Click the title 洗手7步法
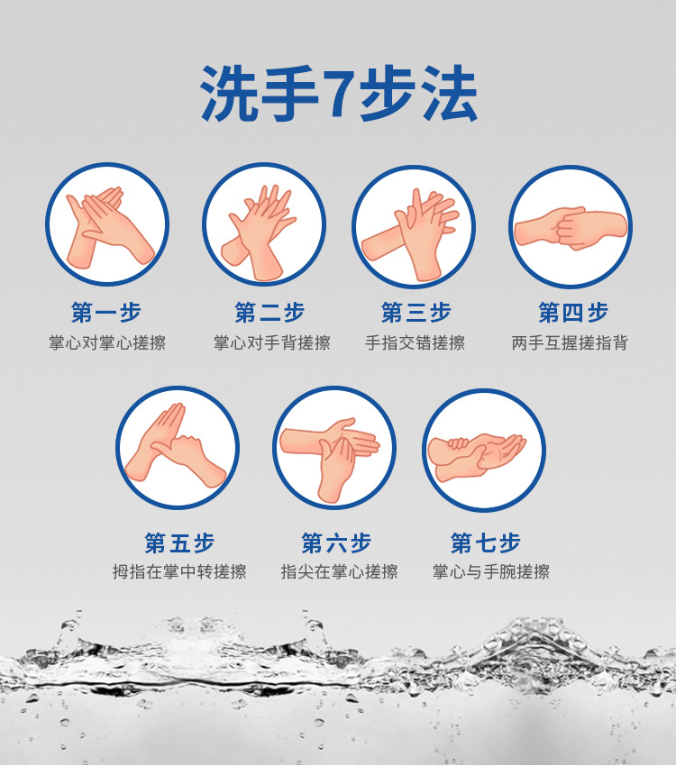(338, 94)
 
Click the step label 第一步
(106, 313)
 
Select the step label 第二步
(269, 313)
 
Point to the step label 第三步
(416, 313)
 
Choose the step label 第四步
(573, 313)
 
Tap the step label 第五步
(179, 543)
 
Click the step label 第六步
(336, 543)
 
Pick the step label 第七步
(486, 543)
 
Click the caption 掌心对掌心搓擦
(106, 343)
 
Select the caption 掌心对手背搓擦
(271, 343)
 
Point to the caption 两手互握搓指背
(570, 343)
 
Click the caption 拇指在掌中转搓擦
(179, 572)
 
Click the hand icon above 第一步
(107, 224)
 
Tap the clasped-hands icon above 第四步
(571, 227)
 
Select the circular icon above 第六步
(334, 448)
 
